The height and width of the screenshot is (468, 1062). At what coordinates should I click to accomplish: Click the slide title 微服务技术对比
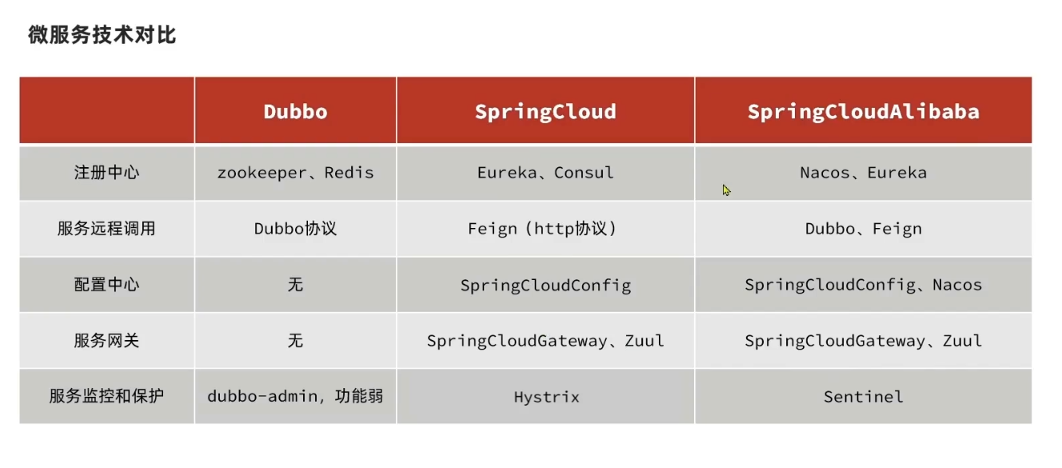(x=102, y=35)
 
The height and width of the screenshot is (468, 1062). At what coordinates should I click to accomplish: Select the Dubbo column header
(x=295, y=111)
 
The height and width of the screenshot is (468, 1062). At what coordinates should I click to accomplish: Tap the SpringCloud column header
(x=545, y=111)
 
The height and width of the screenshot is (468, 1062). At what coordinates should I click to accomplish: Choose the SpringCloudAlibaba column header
(x=863, y=111)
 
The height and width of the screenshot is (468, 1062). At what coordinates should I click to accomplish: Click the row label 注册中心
(x=106, y=173)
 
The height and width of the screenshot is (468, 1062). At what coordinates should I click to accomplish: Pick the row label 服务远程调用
(x=106, y=229)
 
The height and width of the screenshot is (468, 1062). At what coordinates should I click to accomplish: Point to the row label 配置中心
(x=106, y=285)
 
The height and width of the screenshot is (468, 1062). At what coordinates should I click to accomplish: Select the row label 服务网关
(x=106, y=341)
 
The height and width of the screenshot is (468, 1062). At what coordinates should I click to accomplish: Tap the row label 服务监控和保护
(x=106, y=396)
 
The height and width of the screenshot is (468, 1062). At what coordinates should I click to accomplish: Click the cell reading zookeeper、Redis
(x=295, y=173)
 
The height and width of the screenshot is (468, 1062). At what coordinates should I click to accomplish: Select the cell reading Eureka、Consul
(x=545, y=173)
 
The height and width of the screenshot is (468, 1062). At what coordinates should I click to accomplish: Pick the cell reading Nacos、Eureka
(x=863, y=173)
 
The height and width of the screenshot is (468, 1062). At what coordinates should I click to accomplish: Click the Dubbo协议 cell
(x=295, y=229)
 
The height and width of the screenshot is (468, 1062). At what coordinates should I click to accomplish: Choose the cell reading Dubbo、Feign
(x=863, y=229)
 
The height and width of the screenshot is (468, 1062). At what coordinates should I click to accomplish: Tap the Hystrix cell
(x=546, y=397)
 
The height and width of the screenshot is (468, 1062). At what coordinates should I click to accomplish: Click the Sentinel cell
(x=863, y=397)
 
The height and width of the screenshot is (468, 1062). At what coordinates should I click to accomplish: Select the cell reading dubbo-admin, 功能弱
(x=295, y=396)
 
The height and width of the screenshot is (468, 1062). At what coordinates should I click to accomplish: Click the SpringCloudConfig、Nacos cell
(x=863, y=285)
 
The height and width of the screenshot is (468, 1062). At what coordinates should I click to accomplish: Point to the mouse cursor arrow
(x=726, y=190)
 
